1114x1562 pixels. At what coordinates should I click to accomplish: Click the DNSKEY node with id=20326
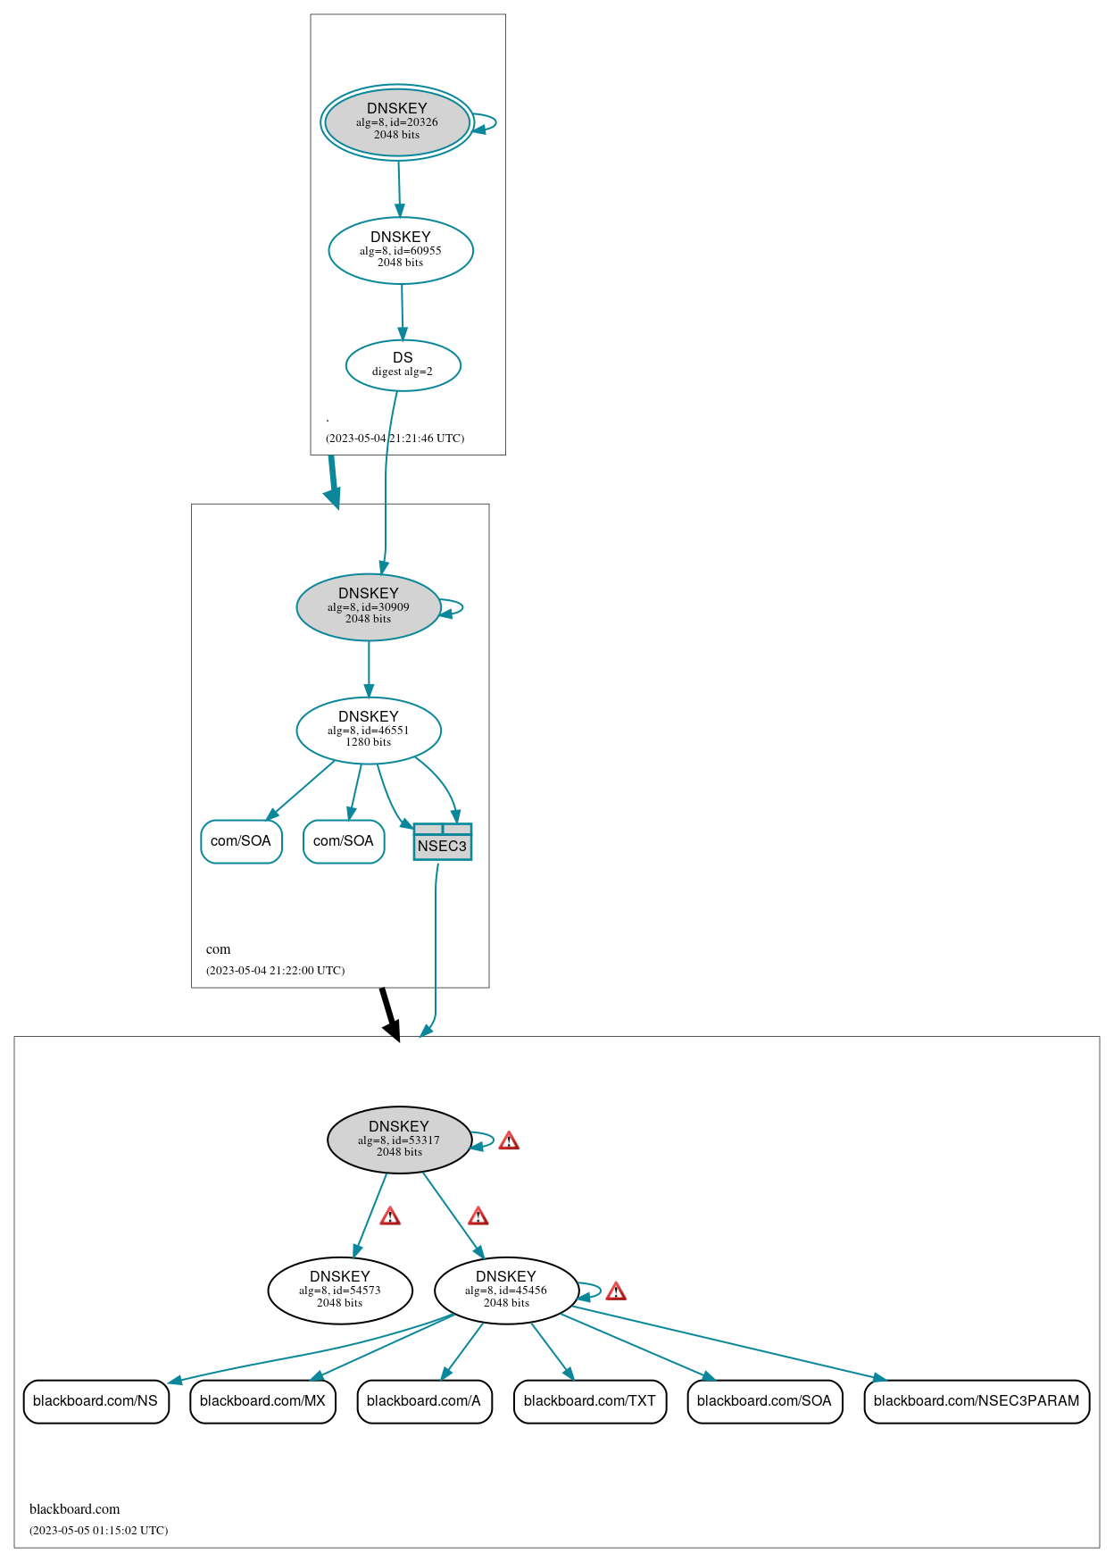(397, 122)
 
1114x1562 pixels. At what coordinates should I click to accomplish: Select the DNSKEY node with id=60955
(401, 250)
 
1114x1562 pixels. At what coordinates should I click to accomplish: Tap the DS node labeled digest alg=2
(403, 364)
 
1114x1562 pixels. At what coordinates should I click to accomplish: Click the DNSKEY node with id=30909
(368, 606)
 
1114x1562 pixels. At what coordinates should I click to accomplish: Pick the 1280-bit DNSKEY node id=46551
(368, 730)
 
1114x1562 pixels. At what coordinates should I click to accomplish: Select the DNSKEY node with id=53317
(399, 1140)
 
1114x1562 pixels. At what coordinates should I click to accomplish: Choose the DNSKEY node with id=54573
(339, 1290)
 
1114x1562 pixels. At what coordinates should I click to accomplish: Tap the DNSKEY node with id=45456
(506, 1290)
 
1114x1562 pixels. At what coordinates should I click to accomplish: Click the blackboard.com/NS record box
(96, 1400)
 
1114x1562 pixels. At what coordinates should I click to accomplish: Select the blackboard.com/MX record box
(262, 1400)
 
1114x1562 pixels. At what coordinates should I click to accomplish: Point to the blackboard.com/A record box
(424, 1400)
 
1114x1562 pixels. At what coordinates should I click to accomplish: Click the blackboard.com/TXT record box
(589, 1400)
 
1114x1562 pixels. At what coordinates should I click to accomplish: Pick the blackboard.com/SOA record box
(764, 1400)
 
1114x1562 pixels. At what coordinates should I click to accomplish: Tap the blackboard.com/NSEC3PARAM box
(977, 1400)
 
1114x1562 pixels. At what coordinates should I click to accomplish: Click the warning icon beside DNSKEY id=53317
(509, 1140)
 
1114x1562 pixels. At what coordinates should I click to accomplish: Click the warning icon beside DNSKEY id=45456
(616, 1291)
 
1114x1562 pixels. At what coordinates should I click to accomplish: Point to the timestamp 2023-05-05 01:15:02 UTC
(99, 1530)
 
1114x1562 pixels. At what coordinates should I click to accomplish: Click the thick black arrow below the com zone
(388, 1013)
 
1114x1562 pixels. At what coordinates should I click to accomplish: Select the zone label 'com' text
(218, 949)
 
